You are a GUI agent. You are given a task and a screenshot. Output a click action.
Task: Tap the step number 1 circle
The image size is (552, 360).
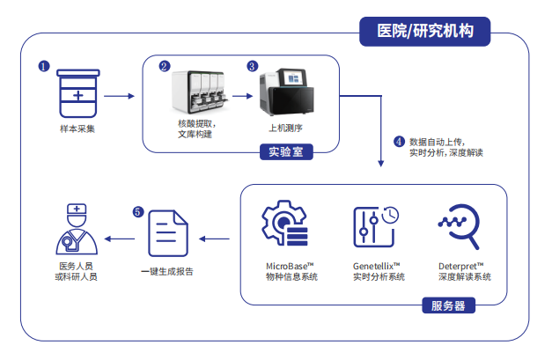point(43,66)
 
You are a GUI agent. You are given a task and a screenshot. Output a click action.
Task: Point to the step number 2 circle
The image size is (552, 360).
point(164,66)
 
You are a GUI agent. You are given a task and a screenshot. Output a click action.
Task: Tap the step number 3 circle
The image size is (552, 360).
point(253,66)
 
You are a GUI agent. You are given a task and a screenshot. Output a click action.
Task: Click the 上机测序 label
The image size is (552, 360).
point(291,129)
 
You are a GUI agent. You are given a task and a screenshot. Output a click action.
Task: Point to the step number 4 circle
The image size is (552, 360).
point(399,140)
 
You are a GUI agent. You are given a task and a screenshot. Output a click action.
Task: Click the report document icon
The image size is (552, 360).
point(167,236)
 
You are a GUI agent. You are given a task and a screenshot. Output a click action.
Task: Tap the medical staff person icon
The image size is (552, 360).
point(76,231)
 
